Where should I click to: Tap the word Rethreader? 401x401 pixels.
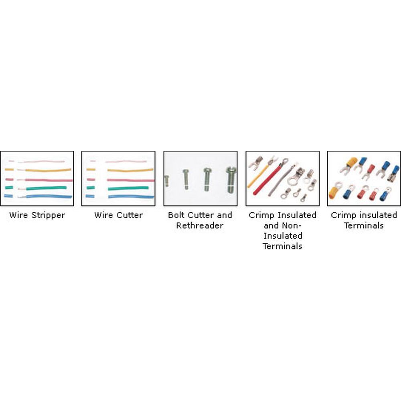pyautogui.click(x=200, y=225)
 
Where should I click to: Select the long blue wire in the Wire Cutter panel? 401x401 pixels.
pyautogui.click(x=131, y=196)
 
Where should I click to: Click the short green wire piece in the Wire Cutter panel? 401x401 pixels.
pyautogui.click(x=91, y=188)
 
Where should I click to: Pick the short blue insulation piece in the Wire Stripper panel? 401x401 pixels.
pyautogui.click(x=8, y=196)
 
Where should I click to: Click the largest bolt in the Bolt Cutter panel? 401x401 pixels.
pyautogui.click(x=231, y=180)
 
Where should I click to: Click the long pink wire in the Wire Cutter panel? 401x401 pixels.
pyautogui.click(x=131, y=180)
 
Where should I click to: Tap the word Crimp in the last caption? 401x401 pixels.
pyautogui.click(x=341, y=215)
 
